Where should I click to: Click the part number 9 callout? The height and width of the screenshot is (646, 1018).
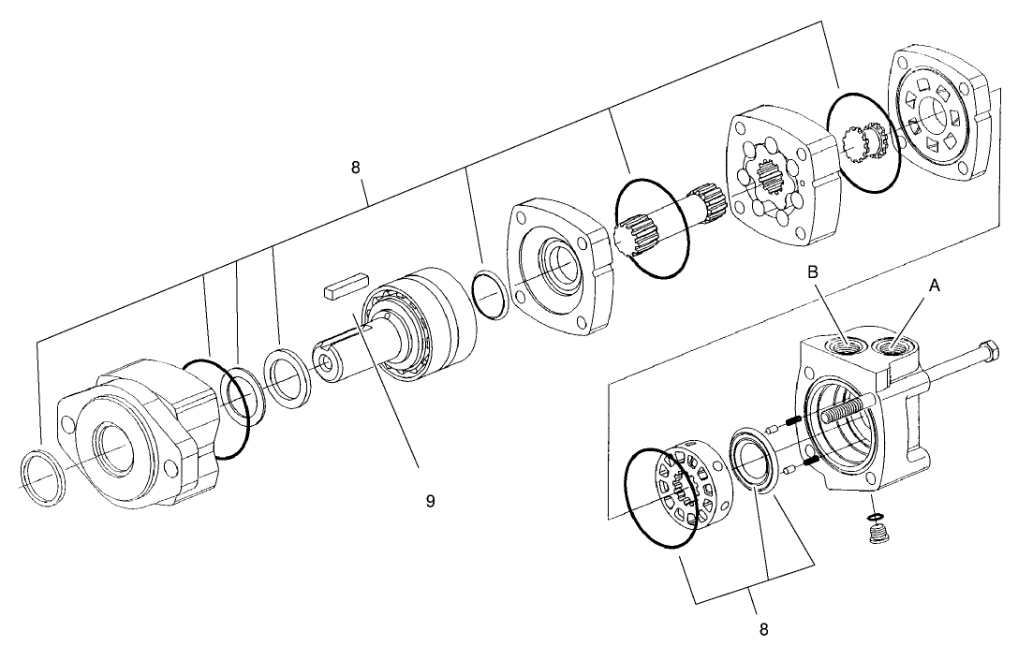[430, 501]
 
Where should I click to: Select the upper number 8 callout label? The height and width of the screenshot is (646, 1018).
[356, 168]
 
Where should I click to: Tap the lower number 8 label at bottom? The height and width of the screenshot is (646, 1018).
[763, 629]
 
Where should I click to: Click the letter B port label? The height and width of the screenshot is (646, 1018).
[814, 272]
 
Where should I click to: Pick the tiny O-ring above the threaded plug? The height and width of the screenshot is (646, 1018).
[875, 517]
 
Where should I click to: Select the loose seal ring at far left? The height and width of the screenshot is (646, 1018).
[43, 477]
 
